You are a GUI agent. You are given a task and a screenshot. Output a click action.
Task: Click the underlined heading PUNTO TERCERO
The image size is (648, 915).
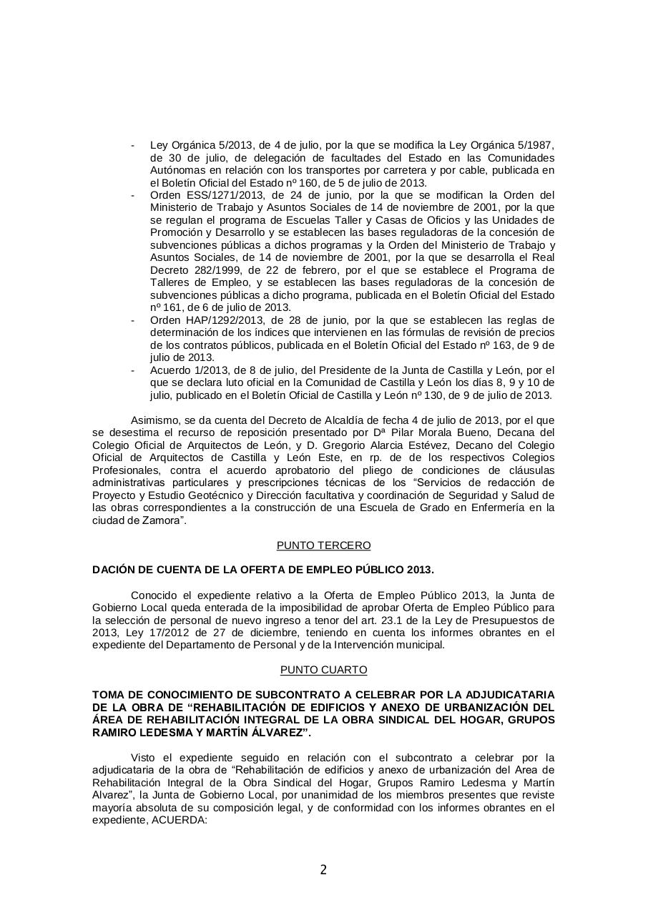pos(323,545)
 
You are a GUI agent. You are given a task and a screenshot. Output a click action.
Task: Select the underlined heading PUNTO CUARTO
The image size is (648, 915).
pos(323,670)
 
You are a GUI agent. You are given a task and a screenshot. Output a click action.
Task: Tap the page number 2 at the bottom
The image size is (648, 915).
pos(323,870)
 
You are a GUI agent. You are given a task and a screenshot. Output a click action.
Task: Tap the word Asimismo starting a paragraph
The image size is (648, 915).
pos(155,420)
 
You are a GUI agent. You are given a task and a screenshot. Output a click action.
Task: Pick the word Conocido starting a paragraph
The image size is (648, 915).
pos(154,595)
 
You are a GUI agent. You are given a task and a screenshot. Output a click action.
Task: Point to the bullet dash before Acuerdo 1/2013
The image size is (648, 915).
pos(133,370)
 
